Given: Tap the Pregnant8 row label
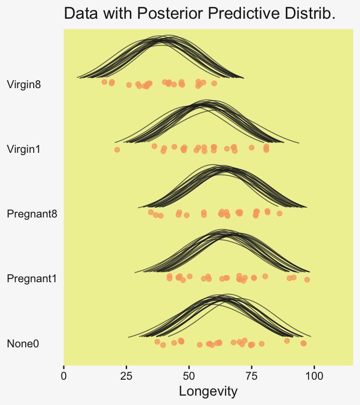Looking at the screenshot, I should click(x=32, y=214).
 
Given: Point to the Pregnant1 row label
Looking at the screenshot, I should click(x=32, y=279).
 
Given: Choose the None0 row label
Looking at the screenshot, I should click(x=23, y=344).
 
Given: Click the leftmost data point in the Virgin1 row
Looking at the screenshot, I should click(x=117, y=150).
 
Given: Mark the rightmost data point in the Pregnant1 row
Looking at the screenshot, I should click(x=307, y=280).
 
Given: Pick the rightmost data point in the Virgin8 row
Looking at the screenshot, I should click(x=214, y=83).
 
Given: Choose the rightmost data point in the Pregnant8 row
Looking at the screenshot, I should click(x=279, y=213).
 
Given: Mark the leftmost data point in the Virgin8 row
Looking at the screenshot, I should click(x=104, y=82).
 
